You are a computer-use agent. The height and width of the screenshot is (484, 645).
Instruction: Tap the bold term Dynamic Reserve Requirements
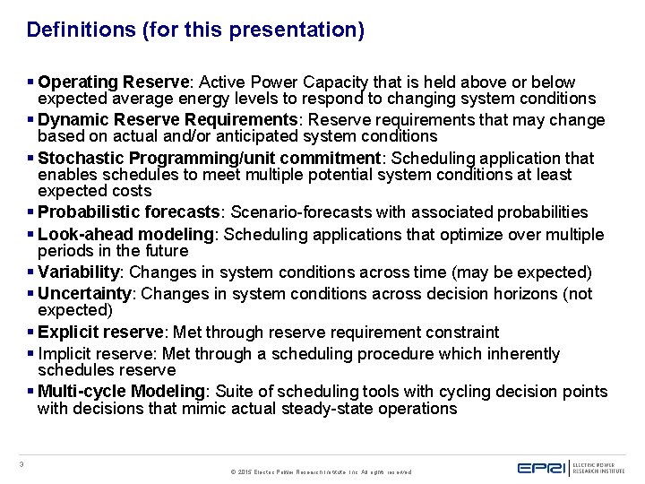[x=167, y=119]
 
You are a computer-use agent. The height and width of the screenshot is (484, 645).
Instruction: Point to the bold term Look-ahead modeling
[x=125, y=235]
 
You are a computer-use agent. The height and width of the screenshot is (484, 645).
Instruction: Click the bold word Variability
[x=79, y=272]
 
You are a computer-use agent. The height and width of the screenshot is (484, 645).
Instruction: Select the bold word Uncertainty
[x=84, y=293]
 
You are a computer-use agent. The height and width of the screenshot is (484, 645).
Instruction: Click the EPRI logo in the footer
[x=541, y=466]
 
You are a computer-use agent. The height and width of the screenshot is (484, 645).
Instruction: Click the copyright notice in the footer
[x=321, y=471]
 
